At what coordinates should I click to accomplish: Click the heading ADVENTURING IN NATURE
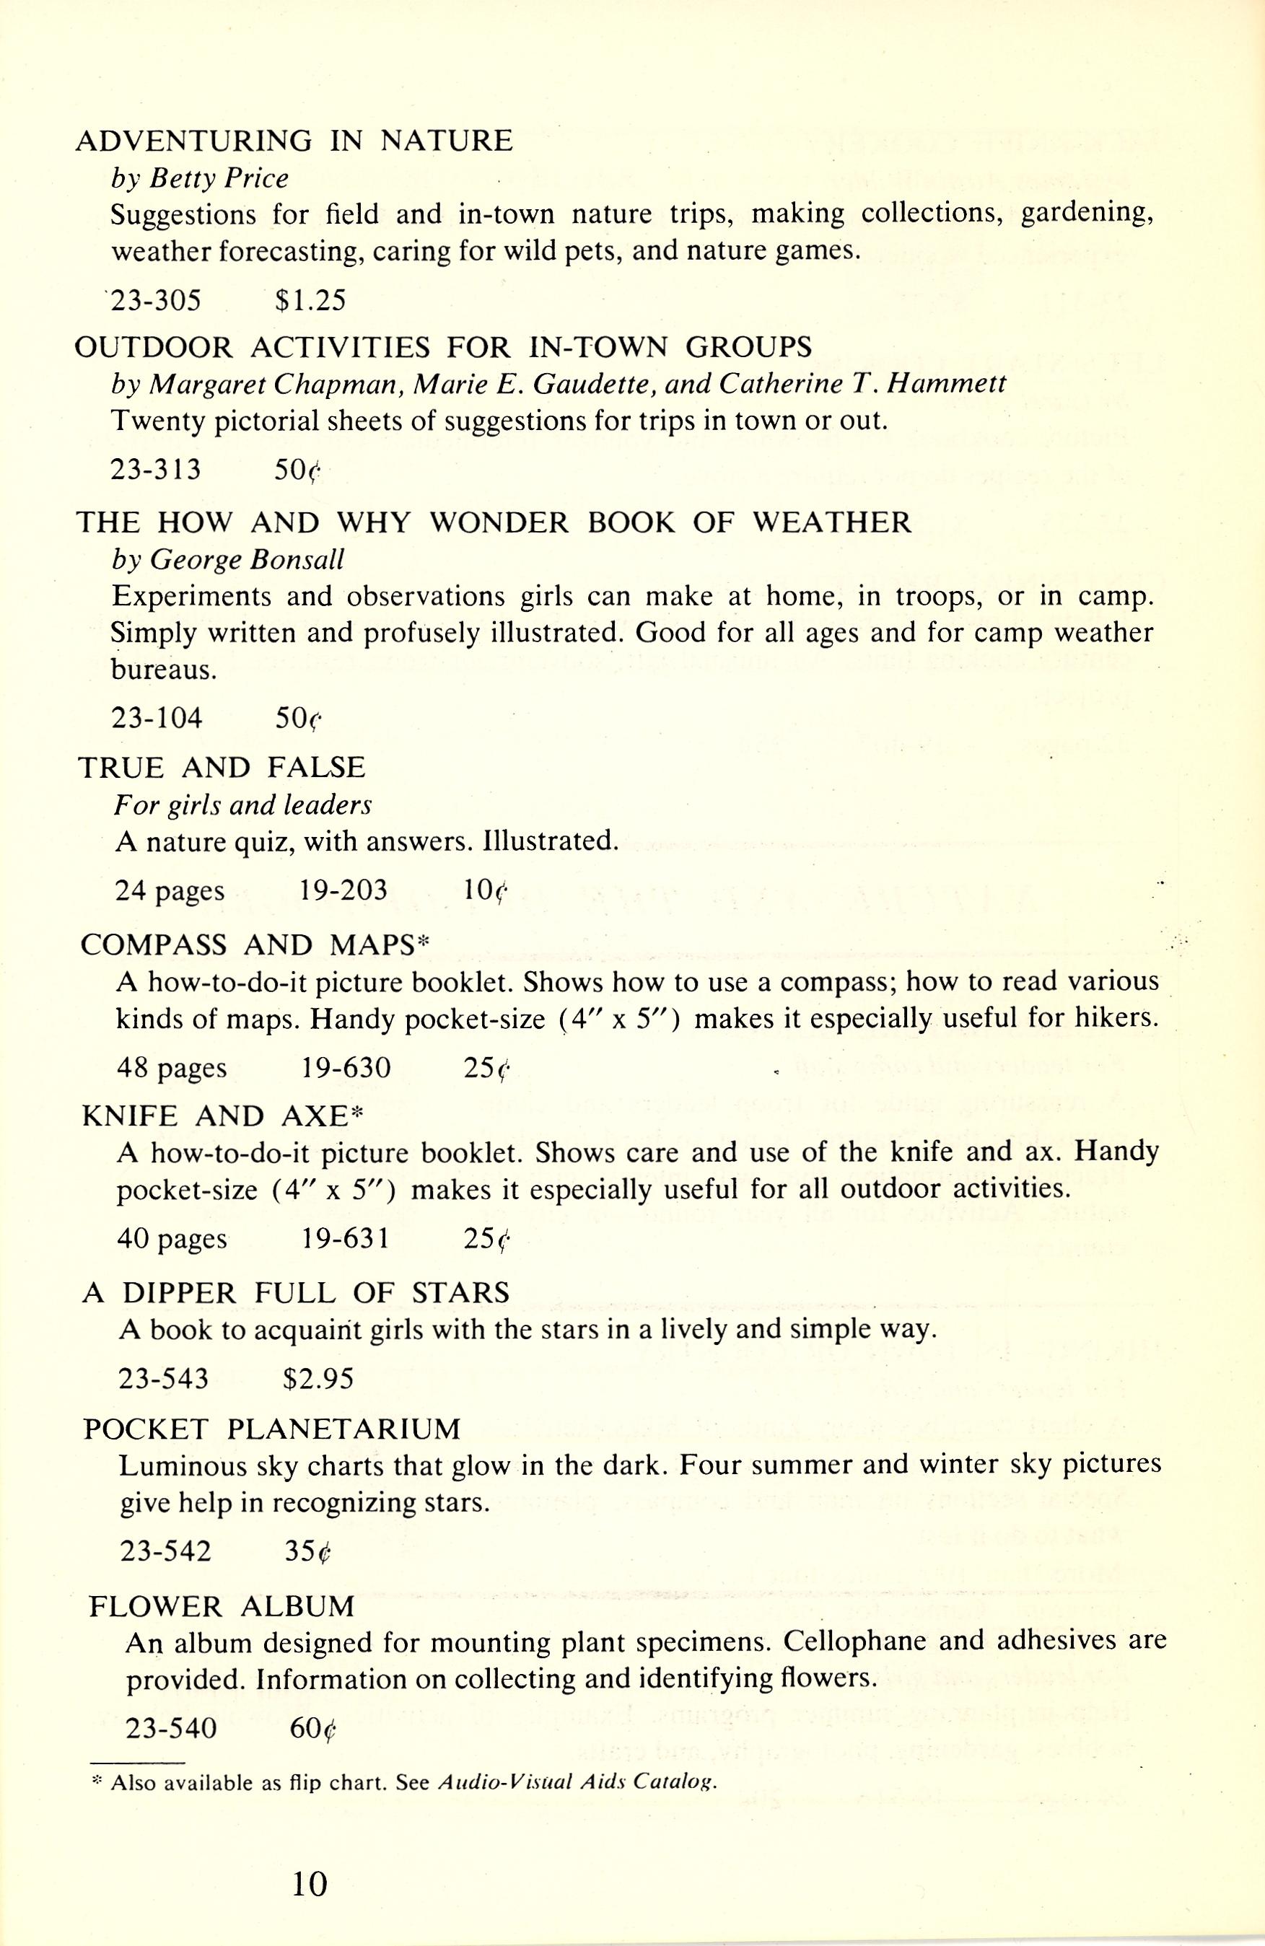point(294,141)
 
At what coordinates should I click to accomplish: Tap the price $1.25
point(311,302)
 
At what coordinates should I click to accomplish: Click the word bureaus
point(164,670)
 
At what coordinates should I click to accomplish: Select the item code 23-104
point(156,718)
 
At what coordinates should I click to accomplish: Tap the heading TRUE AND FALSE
point(222,767)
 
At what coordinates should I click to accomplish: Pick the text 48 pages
point(172,1068)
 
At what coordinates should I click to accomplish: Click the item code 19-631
point(345,1239)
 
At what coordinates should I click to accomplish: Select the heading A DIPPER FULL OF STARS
point(296,1293)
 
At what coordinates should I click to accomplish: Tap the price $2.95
point(318,1380)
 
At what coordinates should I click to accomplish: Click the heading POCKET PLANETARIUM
point(272,1429)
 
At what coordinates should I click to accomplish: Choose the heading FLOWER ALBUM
point(222,1606)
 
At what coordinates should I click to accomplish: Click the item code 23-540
point(171,1727)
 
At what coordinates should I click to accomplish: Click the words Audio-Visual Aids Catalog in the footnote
point(577,1783)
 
